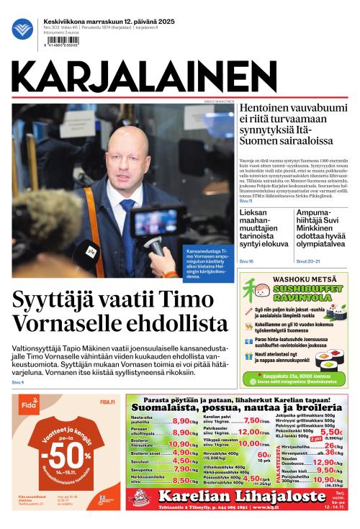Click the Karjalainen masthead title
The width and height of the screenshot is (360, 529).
(179, 75)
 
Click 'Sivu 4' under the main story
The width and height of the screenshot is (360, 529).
(18, 381)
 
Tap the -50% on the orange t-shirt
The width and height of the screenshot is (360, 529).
(66, 458)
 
